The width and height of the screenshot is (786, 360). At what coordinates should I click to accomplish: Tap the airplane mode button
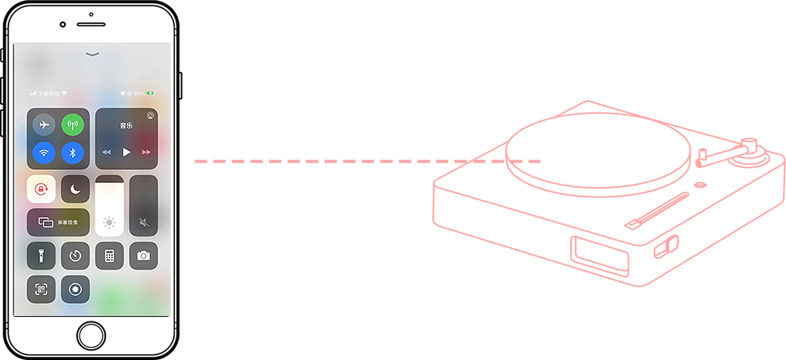click(x=44, y=125)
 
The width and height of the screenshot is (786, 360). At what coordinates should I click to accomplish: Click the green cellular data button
click(x=73, y=125)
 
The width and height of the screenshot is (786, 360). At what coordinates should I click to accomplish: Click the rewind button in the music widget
click(x=107, y=152)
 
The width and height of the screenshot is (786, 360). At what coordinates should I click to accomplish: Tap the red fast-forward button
click(x=146, y=152)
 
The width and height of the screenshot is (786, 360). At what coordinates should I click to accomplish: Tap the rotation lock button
click(x=41, y=189)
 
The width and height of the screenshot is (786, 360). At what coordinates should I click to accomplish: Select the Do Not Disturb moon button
click(x=75, y=189)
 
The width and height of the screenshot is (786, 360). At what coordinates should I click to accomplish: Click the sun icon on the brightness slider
click(x=110, y=223)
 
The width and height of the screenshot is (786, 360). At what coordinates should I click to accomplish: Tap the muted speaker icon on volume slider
click(x=144, y=223)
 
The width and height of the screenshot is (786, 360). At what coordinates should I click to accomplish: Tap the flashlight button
click(x=41, y=256)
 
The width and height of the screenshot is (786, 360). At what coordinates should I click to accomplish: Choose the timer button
click(x=75, y=256)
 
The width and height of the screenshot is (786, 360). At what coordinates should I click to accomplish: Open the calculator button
click(x=110, y=256)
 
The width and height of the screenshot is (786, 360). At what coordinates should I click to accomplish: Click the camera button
click(x=144, y=256)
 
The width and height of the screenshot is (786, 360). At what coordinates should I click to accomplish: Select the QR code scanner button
click(x=41, y=289)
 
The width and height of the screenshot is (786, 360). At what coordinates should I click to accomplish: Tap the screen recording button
click(x=75, y=289)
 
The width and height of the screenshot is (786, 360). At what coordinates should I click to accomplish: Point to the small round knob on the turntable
click(x=700, y=184)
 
